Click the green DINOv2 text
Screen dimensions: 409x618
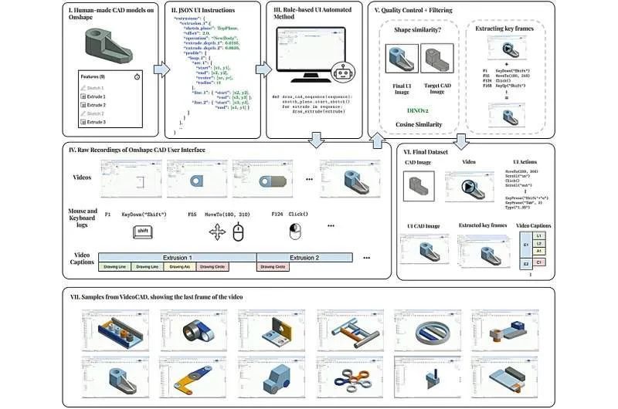pos(416,110)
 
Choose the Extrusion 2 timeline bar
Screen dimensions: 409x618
pos(304,257)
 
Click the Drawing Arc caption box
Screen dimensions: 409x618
pos(178,267)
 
